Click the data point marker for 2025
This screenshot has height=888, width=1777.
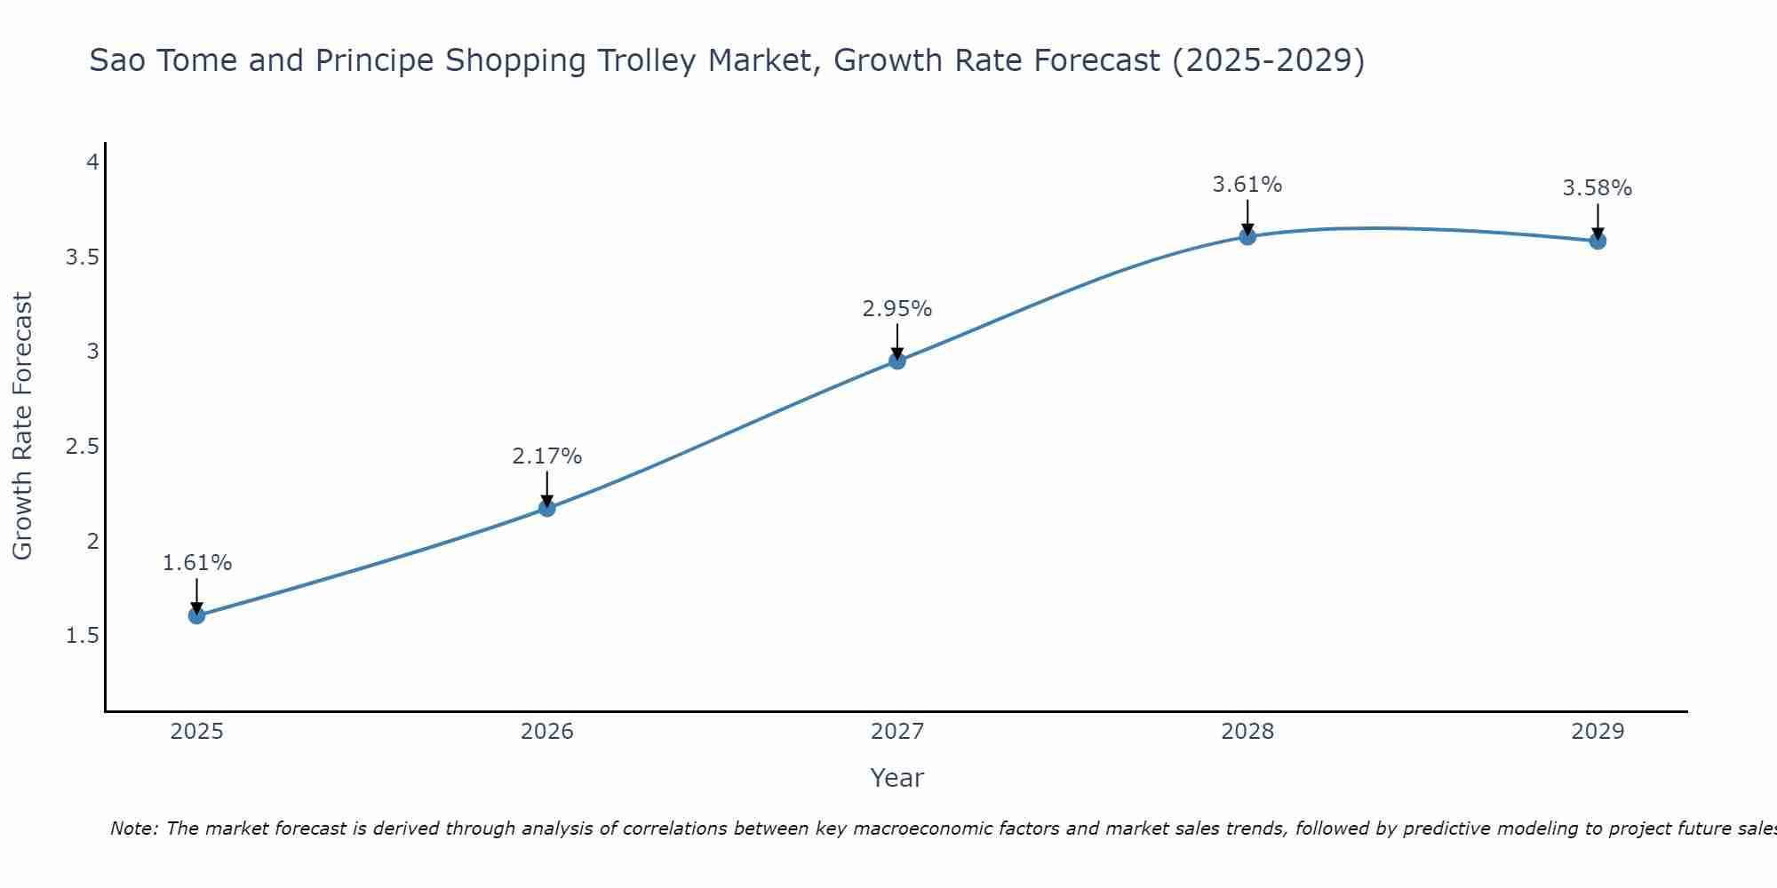tap(197, 615)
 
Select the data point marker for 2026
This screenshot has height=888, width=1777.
tap(547, 508)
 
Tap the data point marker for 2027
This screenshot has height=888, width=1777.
tap(897, 361)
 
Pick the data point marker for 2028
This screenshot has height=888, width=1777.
tap(1247, 236)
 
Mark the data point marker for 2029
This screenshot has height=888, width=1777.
tap(1598, 241)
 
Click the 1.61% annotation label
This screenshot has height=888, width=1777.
tap(197, 563)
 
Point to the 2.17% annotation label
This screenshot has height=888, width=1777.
tap(547, 456)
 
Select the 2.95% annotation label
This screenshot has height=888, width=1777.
tap(897, 309)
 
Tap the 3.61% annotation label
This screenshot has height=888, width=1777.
tap(1247, 185)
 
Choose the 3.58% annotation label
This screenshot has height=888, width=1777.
tap(1598, 188)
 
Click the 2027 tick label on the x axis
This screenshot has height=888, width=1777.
tap(897, 732)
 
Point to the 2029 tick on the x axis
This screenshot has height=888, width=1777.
tap(1598, 732)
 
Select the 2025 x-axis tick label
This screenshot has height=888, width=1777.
tap(197, 732)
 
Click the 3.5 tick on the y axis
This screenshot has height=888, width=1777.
tap(82, 258)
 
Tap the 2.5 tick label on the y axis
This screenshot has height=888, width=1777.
tap(82, 447)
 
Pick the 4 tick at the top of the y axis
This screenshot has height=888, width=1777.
tap(92, 163)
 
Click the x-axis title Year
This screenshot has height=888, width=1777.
tap(897, 778)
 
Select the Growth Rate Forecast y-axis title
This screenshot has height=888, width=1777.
tap(23, 426)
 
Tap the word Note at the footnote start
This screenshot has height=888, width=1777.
tap(133, 829)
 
